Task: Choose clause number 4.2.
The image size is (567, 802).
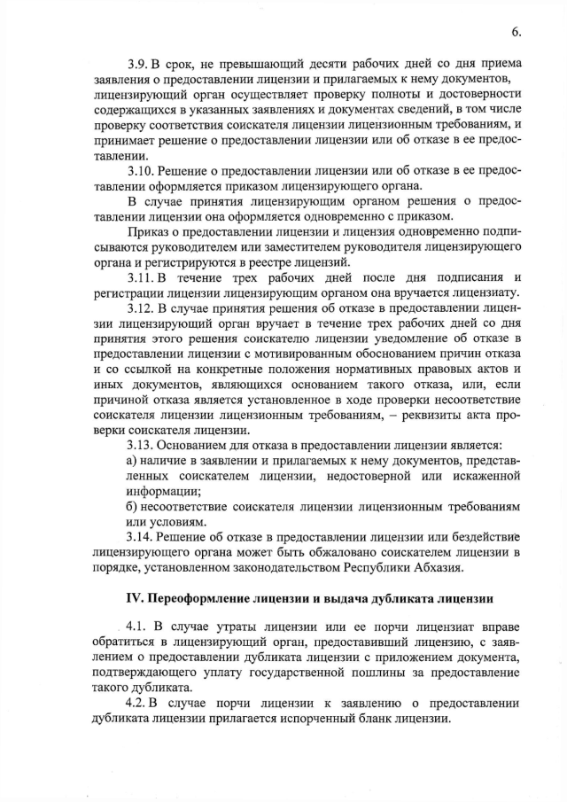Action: point(138,704)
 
